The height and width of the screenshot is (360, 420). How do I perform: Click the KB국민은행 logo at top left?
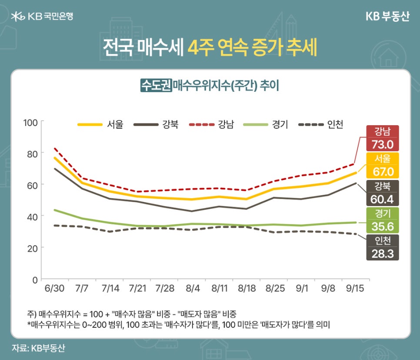click(x=42, y=17)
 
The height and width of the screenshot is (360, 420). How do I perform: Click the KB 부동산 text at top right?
click(x=387, y=16)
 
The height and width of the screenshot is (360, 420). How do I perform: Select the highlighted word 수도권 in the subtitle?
click(x=156, y=85)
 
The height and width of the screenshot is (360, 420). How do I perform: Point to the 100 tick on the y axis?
click(x=31, y=122)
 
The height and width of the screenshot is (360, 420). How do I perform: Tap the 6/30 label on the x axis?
click(x=54, y=288)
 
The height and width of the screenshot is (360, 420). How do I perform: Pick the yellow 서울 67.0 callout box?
click(x=382, y=165)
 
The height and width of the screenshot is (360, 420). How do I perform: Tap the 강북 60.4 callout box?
click(x=382, y=193)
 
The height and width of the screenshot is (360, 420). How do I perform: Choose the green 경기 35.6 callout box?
click(x=382, y=220)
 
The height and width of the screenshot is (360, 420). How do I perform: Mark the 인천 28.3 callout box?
click(x=382, y=247)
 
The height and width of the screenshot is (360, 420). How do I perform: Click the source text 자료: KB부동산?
click(x=39, y=348)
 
